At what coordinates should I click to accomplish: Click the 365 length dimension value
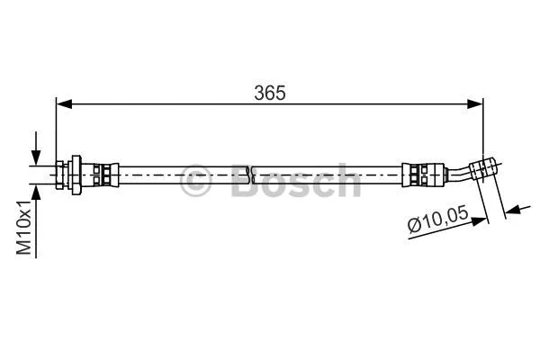[270, 93]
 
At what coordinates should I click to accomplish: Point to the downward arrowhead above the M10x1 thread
[36, 158]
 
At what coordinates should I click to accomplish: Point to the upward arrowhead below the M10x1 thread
[36, 188]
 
